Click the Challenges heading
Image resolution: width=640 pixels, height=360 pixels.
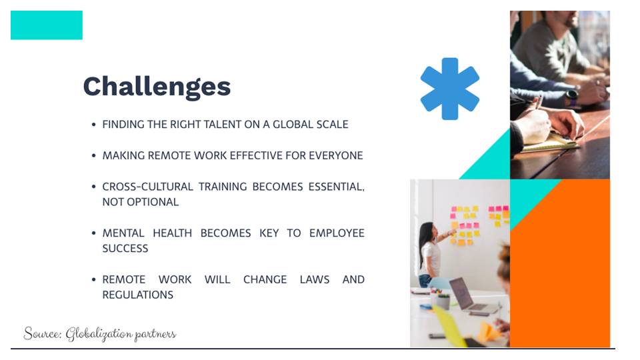click(157, 87)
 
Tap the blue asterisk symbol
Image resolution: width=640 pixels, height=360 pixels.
click(450, 89)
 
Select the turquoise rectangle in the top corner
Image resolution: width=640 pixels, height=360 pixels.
click(47, 25)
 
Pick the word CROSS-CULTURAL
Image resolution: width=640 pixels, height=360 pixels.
click(147, 187)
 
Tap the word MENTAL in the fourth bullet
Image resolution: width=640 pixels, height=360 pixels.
click(123, 233)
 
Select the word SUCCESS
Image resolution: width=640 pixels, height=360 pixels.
click(125, 249)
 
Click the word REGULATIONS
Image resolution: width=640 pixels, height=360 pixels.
click(137, 295)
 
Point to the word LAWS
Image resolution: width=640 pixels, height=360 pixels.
click(314, 279)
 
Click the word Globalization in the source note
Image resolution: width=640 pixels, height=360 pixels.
click(99, 334)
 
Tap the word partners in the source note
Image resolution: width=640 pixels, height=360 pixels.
click(155, 335)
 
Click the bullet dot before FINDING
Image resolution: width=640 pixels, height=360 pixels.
click(94, 125)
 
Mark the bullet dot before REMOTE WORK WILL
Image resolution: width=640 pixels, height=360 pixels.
click(94, 279)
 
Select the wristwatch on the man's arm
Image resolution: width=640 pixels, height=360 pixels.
click(571, 97)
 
